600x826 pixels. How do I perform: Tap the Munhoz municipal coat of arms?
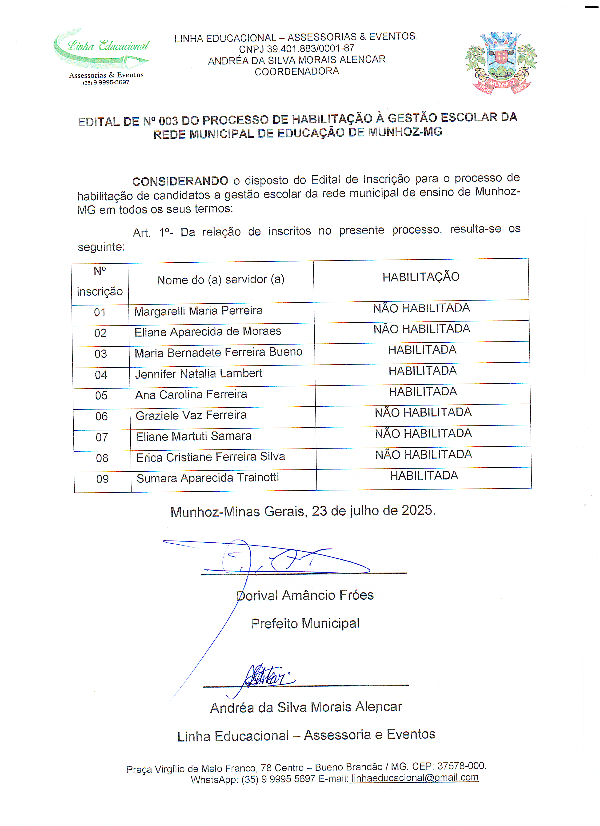(501, 63)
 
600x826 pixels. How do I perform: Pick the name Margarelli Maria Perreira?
(198, 311)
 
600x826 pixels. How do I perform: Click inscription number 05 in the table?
(101, 396)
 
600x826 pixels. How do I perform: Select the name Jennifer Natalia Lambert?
(199, 374)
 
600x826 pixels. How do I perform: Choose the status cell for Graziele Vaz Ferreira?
(423, 413)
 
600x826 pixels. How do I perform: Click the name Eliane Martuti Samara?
(194, 436)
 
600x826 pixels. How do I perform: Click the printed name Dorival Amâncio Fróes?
(305, 595)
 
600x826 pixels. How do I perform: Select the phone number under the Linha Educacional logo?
(106, 83)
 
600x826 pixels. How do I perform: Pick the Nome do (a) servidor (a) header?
(221, 280)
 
